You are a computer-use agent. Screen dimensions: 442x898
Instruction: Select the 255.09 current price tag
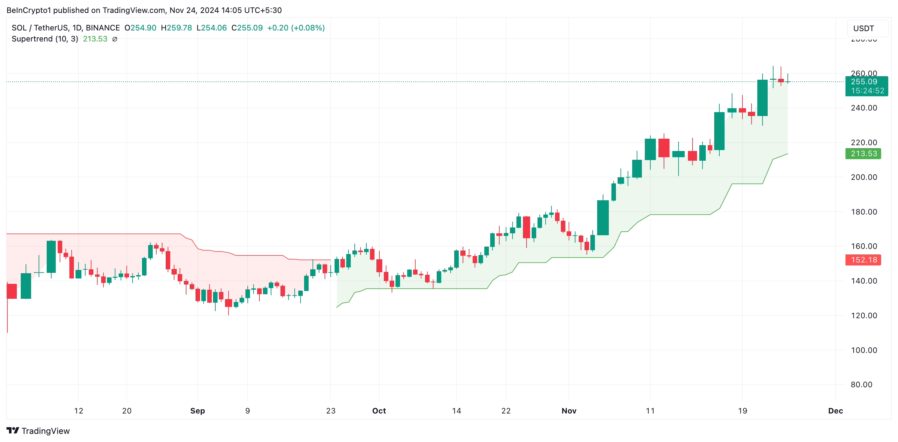(864, 82)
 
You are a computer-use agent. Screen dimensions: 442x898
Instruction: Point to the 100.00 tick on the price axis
(864, 350)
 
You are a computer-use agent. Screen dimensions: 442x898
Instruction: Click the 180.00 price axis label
(864, 212)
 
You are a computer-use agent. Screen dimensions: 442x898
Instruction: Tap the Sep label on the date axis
(197, 411)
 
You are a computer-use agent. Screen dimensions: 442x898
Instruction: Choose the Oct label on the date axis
(379, 411)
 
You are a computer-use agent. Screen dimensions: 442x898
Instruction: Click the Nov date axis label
(569, 411)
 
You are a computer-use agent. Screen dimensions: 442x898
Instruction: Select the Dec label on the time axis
(835, 411)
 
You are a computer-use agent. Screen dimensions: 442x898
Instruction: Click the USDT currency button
(864, 28)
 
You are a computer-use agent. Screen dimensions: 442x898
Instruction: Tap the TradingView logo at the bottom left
(38, 431)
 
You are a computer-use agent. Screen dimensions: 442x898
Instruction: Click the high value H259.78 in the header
(176, 28)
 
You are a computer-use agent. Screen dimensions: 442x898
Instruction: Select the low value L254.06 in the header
(212, 28)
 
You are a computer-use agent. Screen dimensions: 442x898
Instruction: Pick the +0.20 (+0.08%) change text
(296, 28)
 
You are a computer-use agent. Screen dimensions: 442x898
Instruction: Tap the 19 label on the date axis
(742, 411)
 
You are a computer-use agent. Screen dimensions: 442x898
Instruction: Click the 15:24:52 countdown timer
(867, 91)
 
